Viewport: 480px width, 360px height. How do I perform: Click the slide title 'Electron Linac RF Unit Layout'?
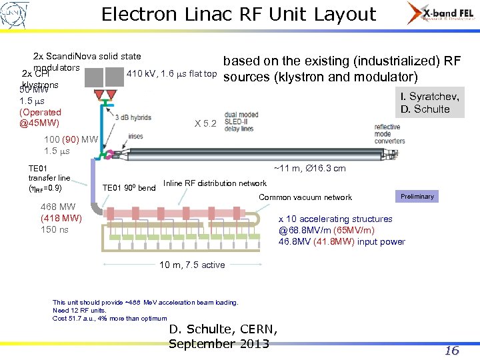click(239, 14)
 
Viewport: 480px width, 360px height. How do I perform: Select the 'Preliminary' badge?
click(417, 196)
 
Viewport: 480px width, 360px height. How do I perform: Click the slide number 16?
click(451, 350)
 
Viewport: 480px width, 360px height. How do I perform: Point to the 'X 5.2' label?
click(205, 123)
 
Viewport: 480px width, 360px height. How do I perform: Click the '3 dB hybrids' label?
click(132, 117)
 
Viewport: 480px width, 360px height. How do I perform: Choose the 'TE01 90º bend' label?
click(129, 188)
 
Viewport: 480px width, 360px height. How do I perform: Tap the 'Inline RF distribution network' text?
click(215, 183)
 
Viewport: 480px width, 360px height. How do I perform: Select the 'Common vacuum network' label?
click(305, 197)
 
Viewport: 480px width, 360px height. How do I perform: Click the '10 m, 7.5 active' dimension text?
click(192, 265)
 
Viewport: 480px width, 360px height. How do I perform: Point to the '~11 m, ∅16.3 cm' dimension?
click(310, 169)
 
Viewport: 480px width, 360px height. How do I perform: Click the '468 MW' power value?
click(58, 207)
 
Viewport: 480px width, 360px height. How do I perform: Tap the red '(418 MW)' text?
click(61, 218)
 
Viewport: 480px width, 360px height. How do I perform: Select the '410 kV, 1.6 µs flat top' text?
click(172, 73)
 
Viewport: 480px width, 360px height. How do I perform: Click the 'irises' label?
click(136, 137)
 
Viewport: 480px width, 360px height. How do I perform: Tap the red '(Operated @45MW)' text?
click(40, 118)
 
